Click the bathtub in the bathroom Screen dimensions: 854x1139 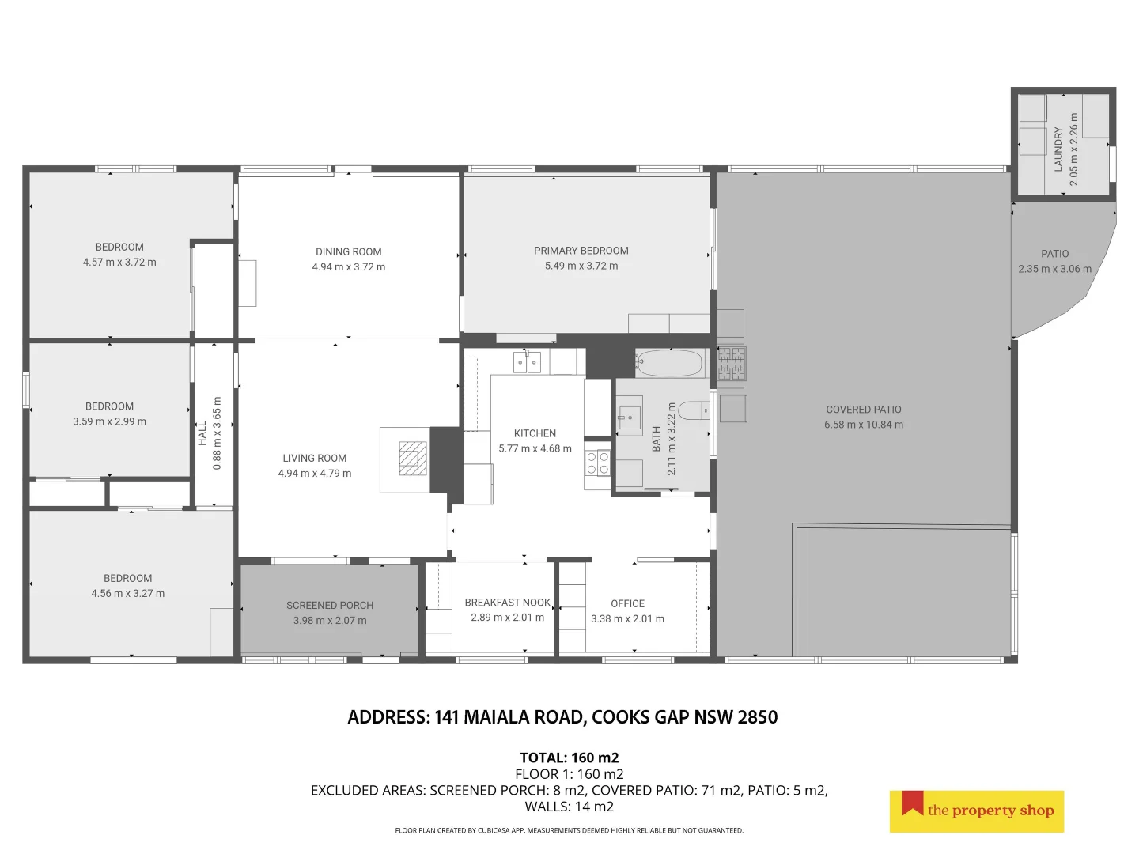[669, 364]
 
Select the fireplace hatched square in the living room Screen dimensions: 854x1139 [413, 459]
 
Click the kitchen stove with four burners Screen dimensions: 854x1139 [597, 463]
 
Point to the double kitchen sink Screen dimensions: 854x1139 [527, 362]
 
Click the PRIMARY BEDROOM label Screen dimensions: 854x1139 [581, 251]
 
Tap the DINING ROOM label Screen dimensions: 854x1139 [348, 251]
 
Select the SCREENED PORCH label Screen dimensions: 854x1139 [329, 605]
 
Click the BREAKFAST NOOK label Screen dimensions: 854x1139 [507, 603]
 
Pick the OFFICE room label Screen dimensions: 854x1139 [627, 603]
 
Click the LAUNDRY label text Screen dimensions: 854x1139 [1058, 149]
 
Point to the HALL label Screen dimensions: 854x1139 [202, 433]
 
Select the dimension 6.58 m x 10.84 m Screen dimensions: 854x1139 [863, 425]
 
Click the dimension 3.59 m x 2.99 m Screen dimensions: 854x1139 [109, 421]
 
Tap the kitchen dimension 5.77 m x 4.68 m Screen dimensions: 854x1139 [535, 448]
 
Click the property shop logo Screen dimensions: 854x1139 [976, 811]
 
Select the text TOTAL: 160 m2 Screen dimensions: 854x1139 [569, 758]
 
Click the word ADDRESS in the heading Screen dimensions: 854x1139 [388, 717]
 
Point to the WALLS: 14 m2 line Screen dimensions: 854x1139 [569, 807]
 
